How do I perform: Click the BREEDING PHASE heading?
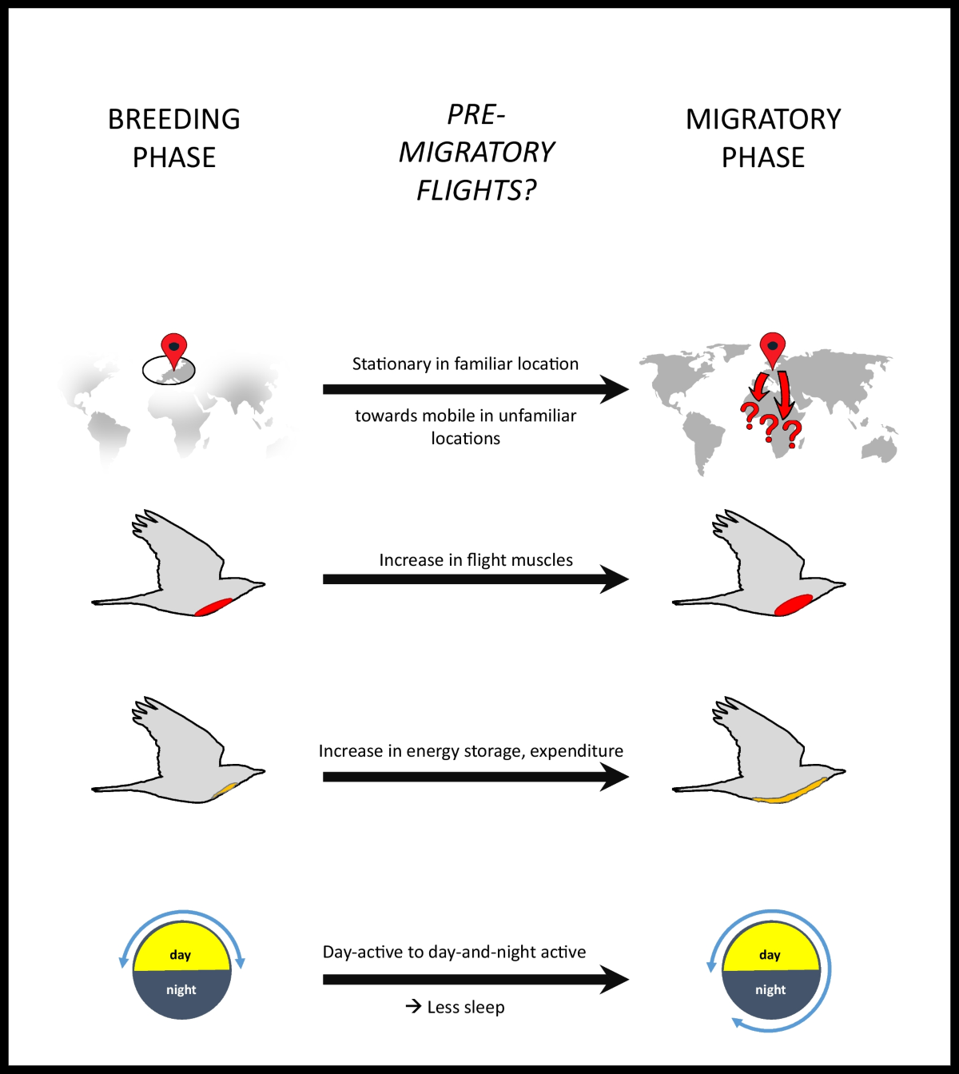(174, 138)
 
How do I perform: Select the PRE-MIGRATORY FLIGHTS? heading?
(476, 152)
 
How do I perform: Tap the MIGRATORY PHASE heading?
(763, 138)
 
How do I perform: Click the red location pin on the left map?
(173, 349)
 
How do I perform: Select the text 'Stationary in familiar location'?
(465, 364)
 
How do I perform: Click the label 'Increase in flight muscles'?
(476, 560)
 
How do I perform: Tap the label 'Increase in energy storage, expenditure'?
(471, 751)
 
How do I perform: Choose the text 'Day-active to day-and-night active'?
(454, 953)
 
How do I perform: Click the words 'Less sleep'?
(466, 1008)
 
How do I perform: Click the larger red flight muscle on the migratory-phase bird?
(794, 605)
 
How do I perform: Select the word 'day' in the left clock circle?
(181, 955)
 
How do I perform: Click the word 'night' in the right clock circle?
(770, 990)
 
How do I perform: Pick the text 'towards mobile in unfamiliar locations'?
(465, 427)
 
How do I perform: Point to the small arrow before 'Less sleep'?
(413, 1006)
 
